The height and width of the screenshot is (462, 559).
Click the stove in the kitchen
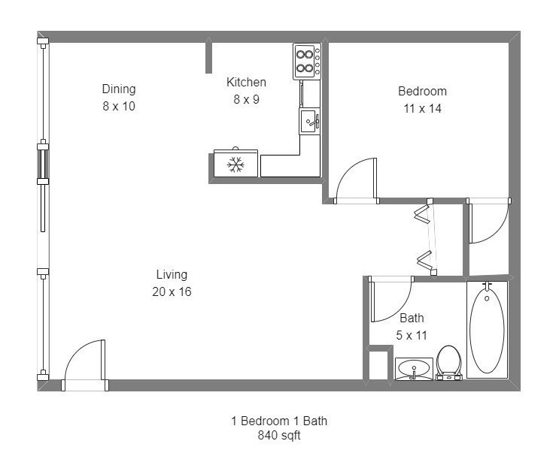pos(307,61)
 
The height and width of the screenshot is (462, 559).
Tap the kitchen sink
pos(309,121)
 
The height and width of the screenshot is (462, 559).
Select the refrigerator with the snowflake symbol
pos(235,163)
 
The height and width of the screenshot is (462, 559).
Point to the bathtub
pos(487,330)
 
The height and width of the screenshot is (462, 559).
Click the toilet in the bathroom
pos(449,362)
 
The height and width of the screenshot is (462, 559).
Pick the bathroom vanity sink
pos(414,369)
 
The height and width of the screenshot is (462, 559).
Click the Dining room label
pos(119,89)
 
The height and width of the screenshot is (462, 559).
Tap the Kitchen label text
pos(246,82)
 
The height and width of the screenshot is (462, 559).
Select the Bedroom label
pos(423,91)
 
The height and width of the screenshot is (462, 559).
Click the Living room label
pos(172,275)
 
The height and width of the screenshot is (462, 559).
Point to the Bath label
pos(412,318)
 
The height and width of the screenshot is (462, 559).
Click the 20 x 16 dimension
pos(172,292)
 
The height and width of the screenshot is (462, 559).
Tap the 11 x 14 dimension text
pos(423,109)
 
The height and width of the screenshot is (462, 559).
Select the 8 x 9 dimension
pos(246,100)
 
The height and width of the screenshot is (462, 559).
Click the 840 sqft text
pos(279,435)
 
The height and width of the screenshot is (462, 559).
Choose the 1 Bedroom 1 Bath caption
pos(279,421)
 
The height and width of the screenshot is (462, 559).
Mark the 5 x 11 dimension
pos(412,335)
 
